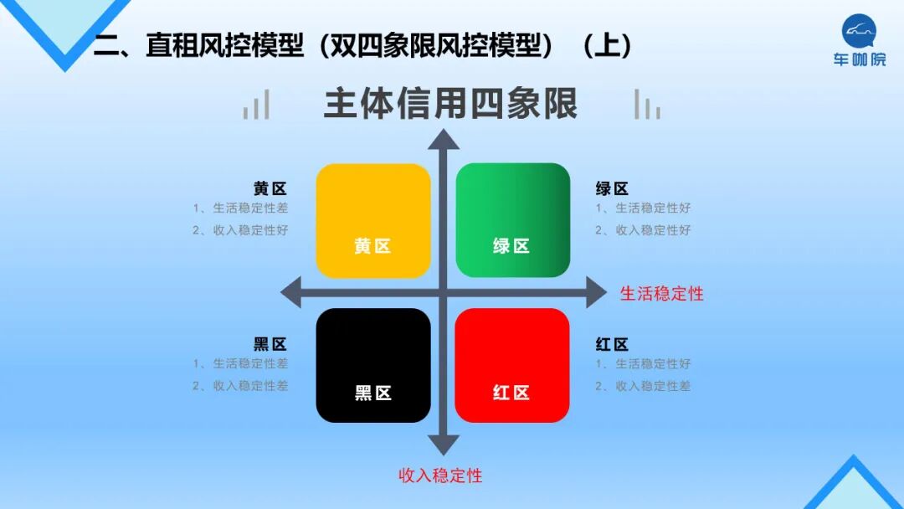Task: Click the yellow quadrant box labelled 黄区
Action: click(373, 220)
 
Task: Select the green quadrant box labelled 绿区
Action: click(512, 220)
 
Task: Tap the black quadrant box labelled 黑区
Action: click(373, 365)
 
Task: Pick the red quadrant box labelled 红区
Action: click(512, 365)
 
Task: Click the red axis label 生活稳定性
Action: click(661, 294)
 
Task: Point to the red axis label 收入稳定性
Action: click(440, 476)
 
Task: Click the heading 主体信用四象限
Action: click(450, 105)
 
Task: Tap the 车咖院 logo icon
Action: click(859, 32)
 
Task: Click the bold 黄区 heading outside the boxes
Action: click(270, 189)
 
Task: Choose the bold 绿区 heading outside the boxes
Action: click(612, 189)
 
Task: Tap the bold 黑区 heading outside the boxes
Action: click(270, 344)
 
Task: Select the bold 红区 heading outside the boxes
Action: click(612, 344)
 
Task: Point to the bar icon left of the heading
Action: click(256, 105)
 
